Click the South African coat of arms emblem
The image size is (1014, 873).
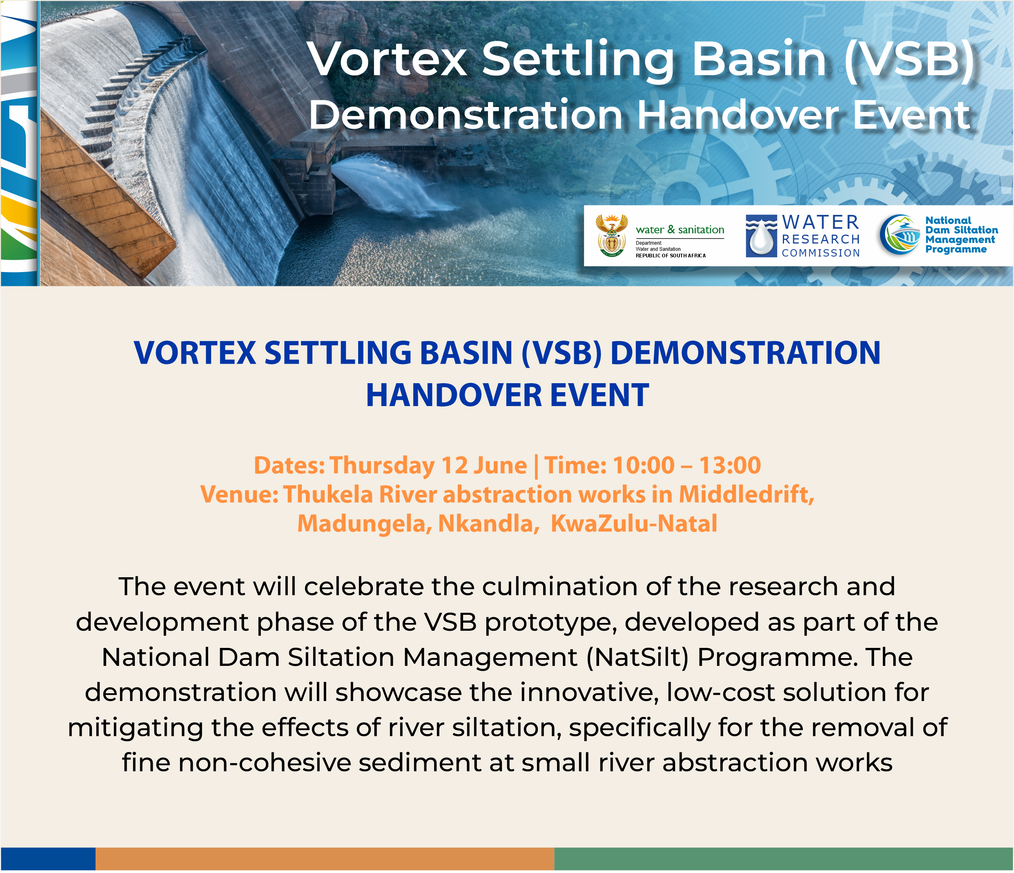point(612,235)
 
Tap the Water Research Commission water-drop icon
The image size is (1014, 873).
point(761,236)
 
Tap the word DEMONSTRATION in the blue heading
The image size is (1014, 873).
point(745,353)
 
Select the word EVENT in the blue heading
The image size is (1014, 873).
point(599,395)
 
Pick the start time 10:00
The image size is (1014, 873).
point(643,465)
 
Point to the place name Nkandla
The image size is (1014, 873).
point(486,523)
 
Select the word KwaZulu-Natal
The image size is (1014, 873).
point(634,523)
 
